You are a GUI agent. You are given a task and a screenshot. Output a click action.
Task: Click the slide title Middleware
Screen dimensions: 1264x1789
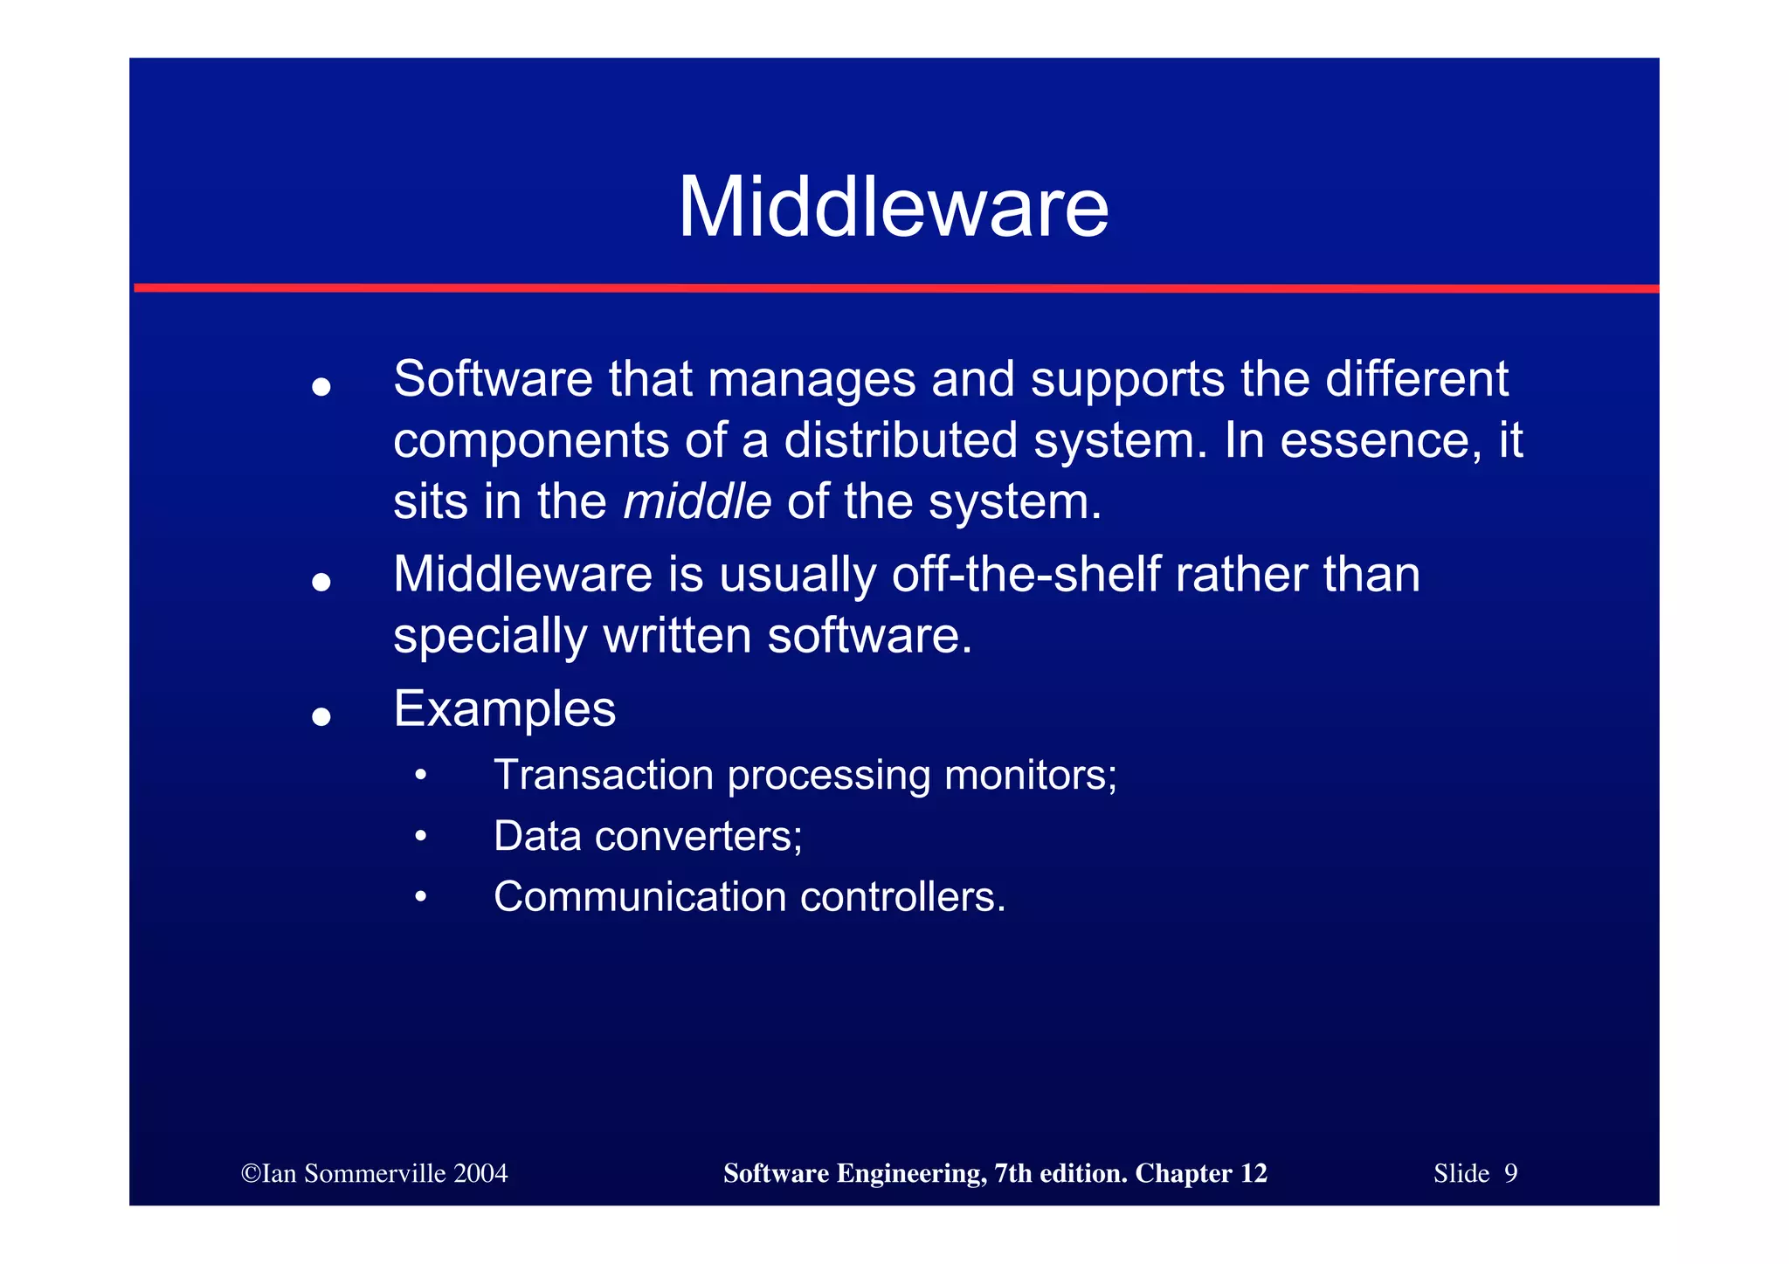pos(893,208)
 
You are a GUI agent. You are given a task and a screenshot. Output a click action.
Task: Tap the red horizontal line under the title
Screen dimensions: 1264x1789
pos(894,287)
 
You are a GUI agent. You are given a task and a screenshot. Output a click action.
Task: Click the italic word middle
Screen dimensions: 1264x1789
pos(697,501)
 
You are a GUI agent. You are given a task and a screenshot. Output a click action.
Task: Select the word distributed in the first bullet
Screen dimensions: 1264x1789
pos(901,440)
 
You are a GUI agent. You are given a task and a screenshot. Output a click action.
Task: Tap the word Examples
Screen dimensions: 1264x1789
pos(504,708)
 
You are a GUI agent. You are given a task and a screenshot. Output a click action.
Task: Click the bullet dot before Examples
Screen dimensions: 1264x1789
pos(321,717)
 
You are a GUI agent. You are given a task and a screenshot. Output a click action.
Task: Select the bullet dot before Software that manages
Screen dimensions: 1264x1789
pos(321,387)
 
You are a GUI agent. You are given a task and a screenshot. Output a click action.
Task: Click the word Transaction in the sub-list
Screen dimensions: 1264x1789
pos(604,775)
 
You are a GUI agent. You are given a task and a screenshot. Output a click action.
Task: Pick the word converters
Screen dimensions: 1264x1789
pos(698,836)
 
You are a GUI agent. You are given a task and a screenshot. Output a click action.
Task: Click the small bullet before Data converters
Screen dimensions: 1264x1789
pos(421,837)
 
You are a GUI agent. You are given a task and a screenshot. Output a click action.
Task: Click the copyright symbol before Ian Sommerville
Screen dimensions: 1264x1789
pos(250,1173)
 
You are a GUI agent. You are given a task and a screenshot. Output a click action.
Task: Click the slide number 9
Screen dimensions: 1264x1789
pos(1510,1173)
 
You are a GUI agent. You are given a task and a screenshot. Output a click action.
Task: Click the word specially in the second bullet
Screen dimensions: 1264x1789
pos(489,637)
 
